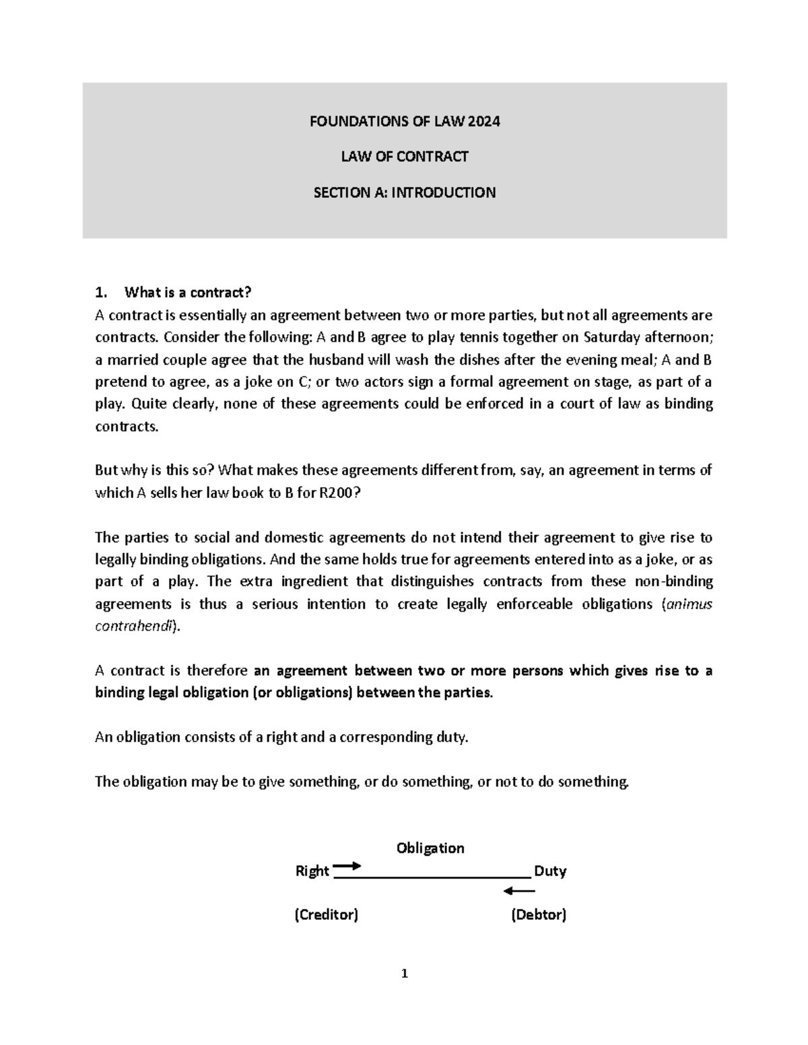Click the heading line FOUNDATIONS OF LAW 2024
pyautogui.click(x=404, y=122)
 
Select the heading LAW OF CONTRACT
pyautogui.click(x=404, y=157)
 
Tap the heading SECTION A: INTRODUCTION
pyautogui.click(x=404, y=192)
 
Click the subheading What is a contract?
pyautogui.click(x=187, y=293)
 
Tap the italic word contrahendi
pyautogui.click(x=134, y=626)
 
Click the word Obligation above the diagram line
pyautogui.click(x=430, y=848)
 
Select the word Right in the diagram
pyautogui.click(x=312, y=871)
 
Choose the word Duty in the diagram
pyautogui.click(x=550, y=871)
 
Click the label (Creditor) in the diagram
pyautogui.click(x=327, y=915)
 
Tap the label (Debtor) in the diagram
pyautogui.click(x=539, y=915)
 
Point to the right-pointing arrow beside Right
pyautogui.click(x=347, y=866)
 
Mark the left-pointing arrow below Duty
pyautogui.click(x=519, y=892)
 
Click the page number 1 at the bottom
pyautogui.click(x=404, y=974)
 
